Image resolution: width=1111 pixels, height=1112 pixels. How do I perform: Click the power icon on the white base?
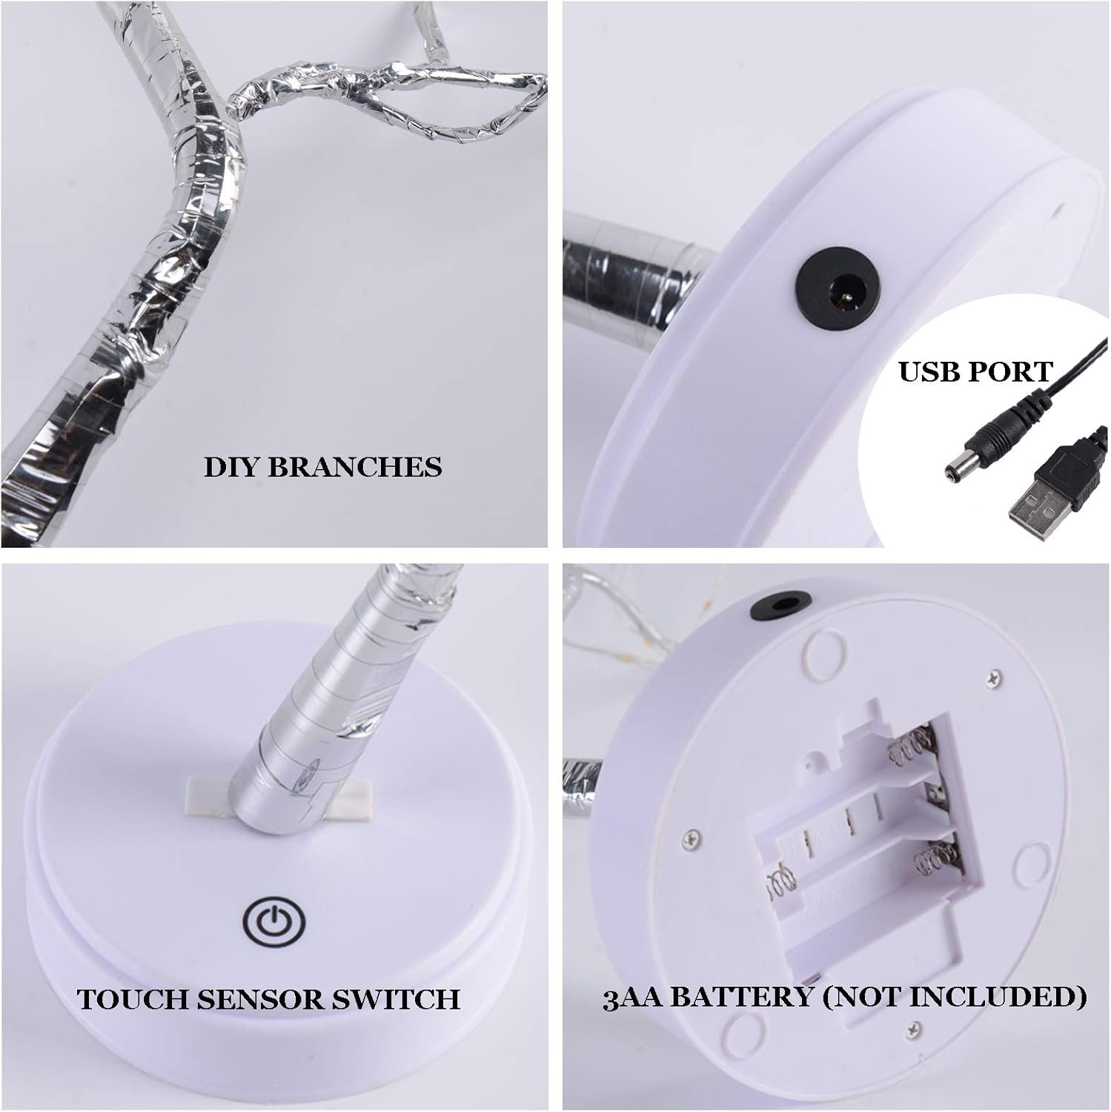(x=265, y=922)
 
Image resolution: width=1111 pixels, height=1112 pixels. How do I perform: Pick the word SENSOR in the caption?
(x=260, y=999)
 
